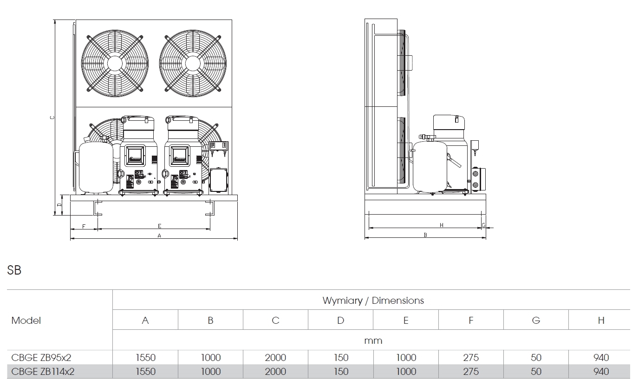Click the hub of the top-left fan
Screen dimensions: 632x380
click(x=115, y=63)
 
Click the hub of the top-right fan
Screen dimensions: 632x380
click(x=193, y=63)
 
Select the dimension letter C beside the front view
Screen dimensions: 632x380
click(x=52, y=118)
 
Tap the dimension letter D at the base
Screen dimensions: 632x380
click(x=59, y=205)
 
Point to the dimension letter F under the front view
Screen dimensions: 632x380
click(x=84, y=226)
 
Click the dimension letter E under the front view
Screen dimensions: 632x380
click(x=159, y=226)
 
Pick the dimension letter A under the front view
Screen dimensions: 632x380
click(x=159, y=236)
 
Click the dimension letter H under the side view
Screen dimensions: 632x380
click(x=442, y=225)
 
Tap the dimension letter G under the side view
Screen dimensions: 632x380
click(x=483, y=225)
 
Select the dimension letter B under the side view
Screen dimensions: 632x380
click(x=425, y=235)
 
